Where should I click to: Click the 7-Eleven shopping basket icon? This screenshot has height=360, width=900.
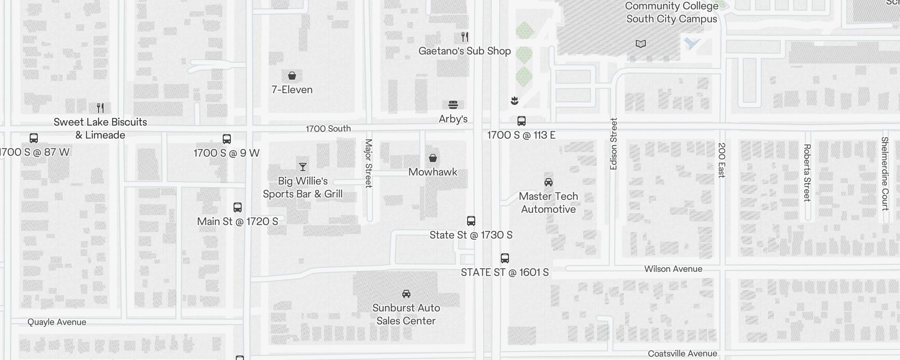point(292,76)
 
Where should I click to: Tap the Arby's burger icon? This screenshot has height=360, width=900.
point(453,105)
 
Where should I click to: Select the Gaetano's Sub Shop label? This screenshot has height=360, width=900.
point(464,51)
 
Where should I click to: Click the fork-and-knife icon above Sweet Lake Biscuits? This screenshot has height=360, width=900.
point(100,108)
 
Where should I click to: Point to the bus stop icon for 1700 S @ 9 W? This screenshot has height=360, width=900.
point(227,139)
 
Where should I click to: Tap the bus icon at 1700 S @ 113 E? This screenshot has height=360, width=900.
point(521,121)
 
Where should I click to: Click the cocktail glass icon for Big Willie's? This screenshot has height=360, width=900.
point(303,167)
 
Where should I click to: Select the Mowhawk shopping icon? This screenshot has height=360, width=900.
point(432,158)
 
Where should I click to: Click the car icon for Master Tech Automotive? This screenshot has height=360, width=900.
point(548,182)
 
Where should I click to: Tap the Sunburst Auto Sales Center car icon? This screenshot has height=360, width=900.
point(406,294)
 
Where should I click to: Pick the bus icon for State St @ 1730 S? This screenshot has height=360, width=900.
point(471,221)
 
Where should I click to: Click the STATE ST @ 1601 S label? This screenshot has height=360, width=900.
point(504,272)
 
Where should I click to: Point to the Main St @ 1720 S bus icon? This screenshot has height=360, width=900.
point(238,207)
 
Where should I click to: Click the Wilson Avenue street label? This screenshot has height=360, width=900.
point(673,269)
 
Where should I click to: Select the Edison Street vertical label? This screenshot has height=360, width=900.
point(613,144)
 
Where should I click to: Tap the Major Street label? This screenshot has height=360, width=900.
point(369,163)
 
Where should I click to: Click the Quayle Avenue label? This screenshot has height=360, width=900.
point(57,322)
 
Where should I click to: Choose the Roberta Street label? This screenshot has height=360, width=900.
point(807,172)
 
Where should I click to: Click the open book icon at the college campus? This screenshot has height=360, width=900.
point(640,44)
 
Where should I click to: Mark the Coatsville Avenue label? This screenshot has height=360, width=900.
point(682,353)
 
